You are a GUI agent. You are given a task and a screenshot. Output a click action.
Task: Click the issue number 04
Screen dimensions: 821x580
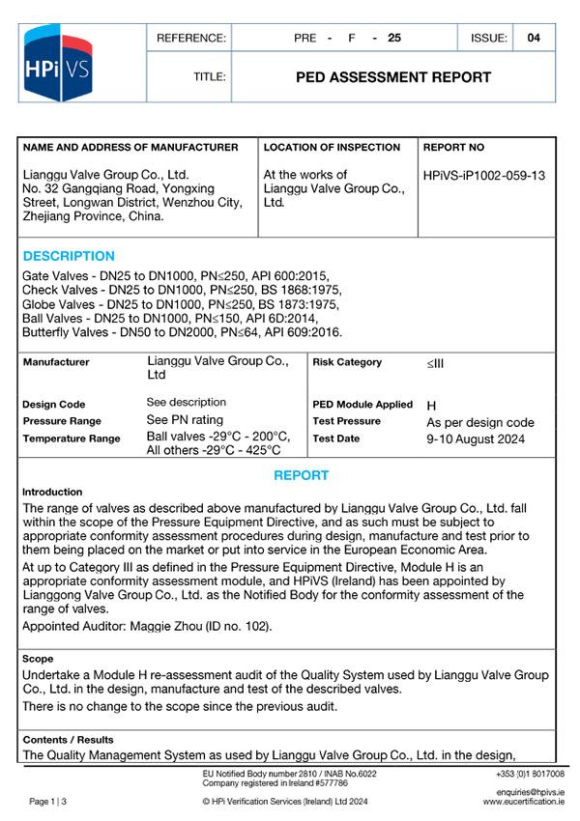coord(535,39)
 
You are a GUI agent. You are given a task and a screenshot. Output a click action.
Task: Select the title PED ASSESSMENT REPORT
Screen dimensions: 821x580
coord(392,77)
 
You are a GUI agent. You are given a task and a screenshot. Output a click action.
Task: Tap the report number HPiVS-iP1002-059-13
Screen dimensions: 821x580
coord(484,176)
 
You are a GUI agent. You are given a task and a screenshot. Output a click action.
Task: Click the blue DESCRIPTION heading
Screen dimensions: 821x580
coord(68,256)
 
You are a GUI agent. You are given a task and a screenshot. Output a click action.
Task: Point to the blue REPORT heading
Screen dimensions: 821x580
coord(301,475)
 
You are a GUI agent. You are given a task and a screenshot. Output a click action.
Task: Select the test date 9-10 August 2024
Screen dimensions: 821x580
coord(476,439)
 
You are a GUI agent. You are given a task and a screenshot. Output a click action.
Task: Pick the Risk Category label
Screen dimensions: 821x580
coord(347,362)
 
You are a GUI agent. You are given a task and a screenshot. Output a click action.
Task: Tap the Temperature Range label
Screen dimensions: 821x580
coord(72,439)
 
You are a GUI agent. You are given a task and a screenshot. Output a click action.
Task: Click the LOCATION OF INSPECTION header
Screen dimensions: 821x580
coord(332,148)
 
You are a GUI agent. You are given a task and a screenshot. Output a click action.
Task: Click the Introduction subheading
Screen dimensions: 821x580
coord(52,492)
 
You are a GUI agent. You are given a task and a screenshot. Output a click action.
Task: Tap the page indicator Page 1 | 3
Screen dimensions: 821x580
coord(47,802)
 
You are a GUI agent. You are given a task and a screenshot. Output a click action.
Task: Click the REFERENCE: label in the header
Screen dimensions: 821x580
coord(191,39)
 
